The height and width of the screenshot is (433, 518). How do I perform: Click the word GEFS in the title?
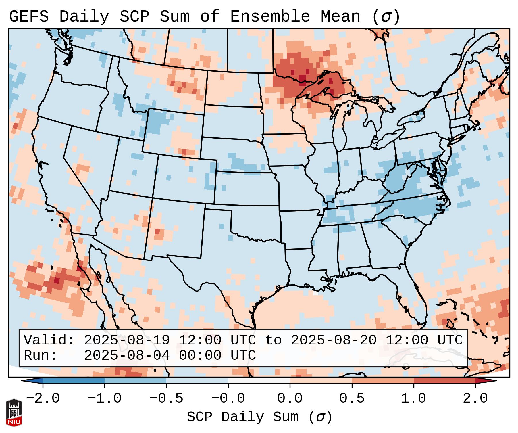[29, 16]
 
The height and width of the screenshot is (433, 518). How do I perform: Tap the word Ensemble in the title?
[270, 16]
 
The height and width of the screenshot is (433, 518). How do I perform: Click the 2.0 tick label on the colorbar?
[475, 398]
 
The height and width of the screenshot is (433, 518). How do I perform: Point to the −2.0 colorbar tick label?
[43, 398]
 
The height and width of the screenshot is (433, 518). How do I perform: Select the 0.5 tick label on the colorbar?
[352, 398]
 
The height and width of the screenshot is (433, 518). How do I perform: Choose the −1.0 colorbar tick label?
[105, 398]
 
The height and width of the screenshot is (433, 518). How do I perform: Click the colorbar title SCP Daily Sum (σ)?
[259, 417]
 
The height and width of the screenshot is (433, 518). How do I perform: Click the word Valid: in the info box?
[49, 340]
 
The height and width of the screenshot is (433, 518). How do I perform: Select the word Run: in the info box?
[41, 355]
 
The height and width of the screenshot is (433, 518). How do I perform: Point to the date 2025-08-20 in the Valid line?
[334, 340]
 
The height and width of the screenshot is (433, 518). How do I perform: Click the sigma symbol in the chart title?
[386, 16]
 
